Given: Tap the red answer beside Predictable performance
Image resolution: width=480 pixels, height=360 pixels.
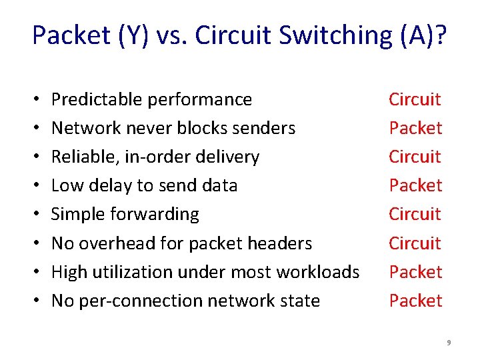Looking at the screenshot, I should point(415,100).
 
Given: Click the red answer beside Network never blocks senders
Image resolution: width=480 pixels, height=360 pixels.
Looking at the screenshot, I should point(415,128).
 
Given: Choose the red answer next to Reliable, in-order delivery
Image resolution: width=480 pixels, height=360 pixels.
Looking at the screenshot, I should point(415,157).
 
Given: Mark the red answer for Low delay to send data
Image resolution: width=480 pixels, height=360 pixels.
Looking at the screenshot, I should point(415,185).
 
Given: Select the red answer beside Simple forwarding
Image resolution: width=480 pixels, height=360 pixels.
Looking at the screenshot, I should point(415,214).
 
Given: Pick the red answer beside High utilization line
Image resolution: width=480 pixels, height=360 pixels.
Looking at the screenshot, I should point(415,272).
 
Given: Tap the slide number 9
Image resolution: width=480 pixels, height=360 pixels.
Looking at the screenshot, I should point(449,343).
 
